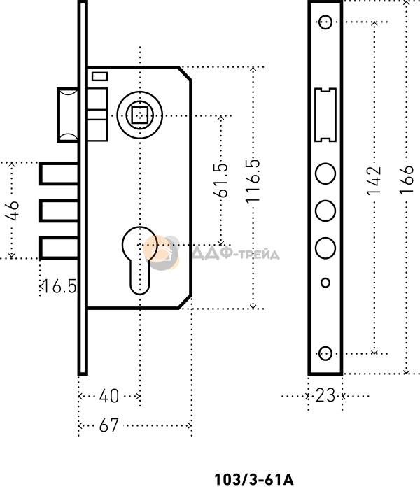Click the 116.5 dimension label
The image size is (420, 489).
tap(253, 181)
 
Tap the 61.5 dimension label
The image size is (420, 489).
tap(220, 180)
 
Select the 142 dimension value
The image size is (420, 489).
tap(374, 181)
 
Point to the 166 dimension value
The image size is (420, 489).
tap(407, 180)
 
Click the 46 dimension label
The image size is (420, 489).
tap(12, 211)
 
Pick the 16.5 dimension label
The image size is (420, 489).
tap(59, 286)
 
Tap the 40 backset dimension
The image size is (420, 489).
tap(109, 396)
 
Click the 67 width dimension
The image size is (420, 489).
tap(109, 425)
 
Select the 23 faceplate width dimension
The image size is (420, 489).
tap(325, 395)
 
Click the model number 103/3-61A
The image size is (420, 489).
tap(253, 479)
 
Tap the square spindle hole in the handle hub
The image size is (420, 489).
tap(140, 115)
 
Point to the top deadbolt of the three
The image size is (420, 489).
tap(59, 173)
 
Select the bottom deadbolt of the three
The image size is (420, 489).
tap(59, 248)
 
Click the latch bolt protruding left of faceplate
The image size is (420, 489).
tap(68, 115)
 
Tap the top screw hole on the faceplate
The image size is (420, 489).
tap(325, 22)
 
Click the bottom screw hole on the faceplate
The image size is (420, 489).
tap(325, 354)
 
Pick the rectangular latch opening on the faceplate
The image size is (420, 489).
tap(325, 115)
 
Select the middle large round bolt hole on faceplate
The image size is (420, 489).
tap(325, 211)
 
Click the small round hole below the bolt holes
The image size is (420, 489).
tap(325, 283)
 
